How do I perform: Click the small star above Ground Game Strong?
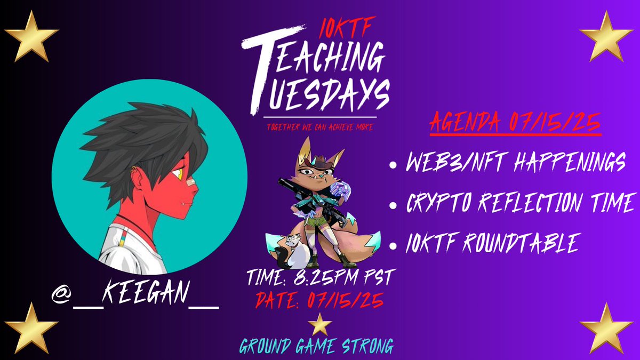(320, 323)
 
